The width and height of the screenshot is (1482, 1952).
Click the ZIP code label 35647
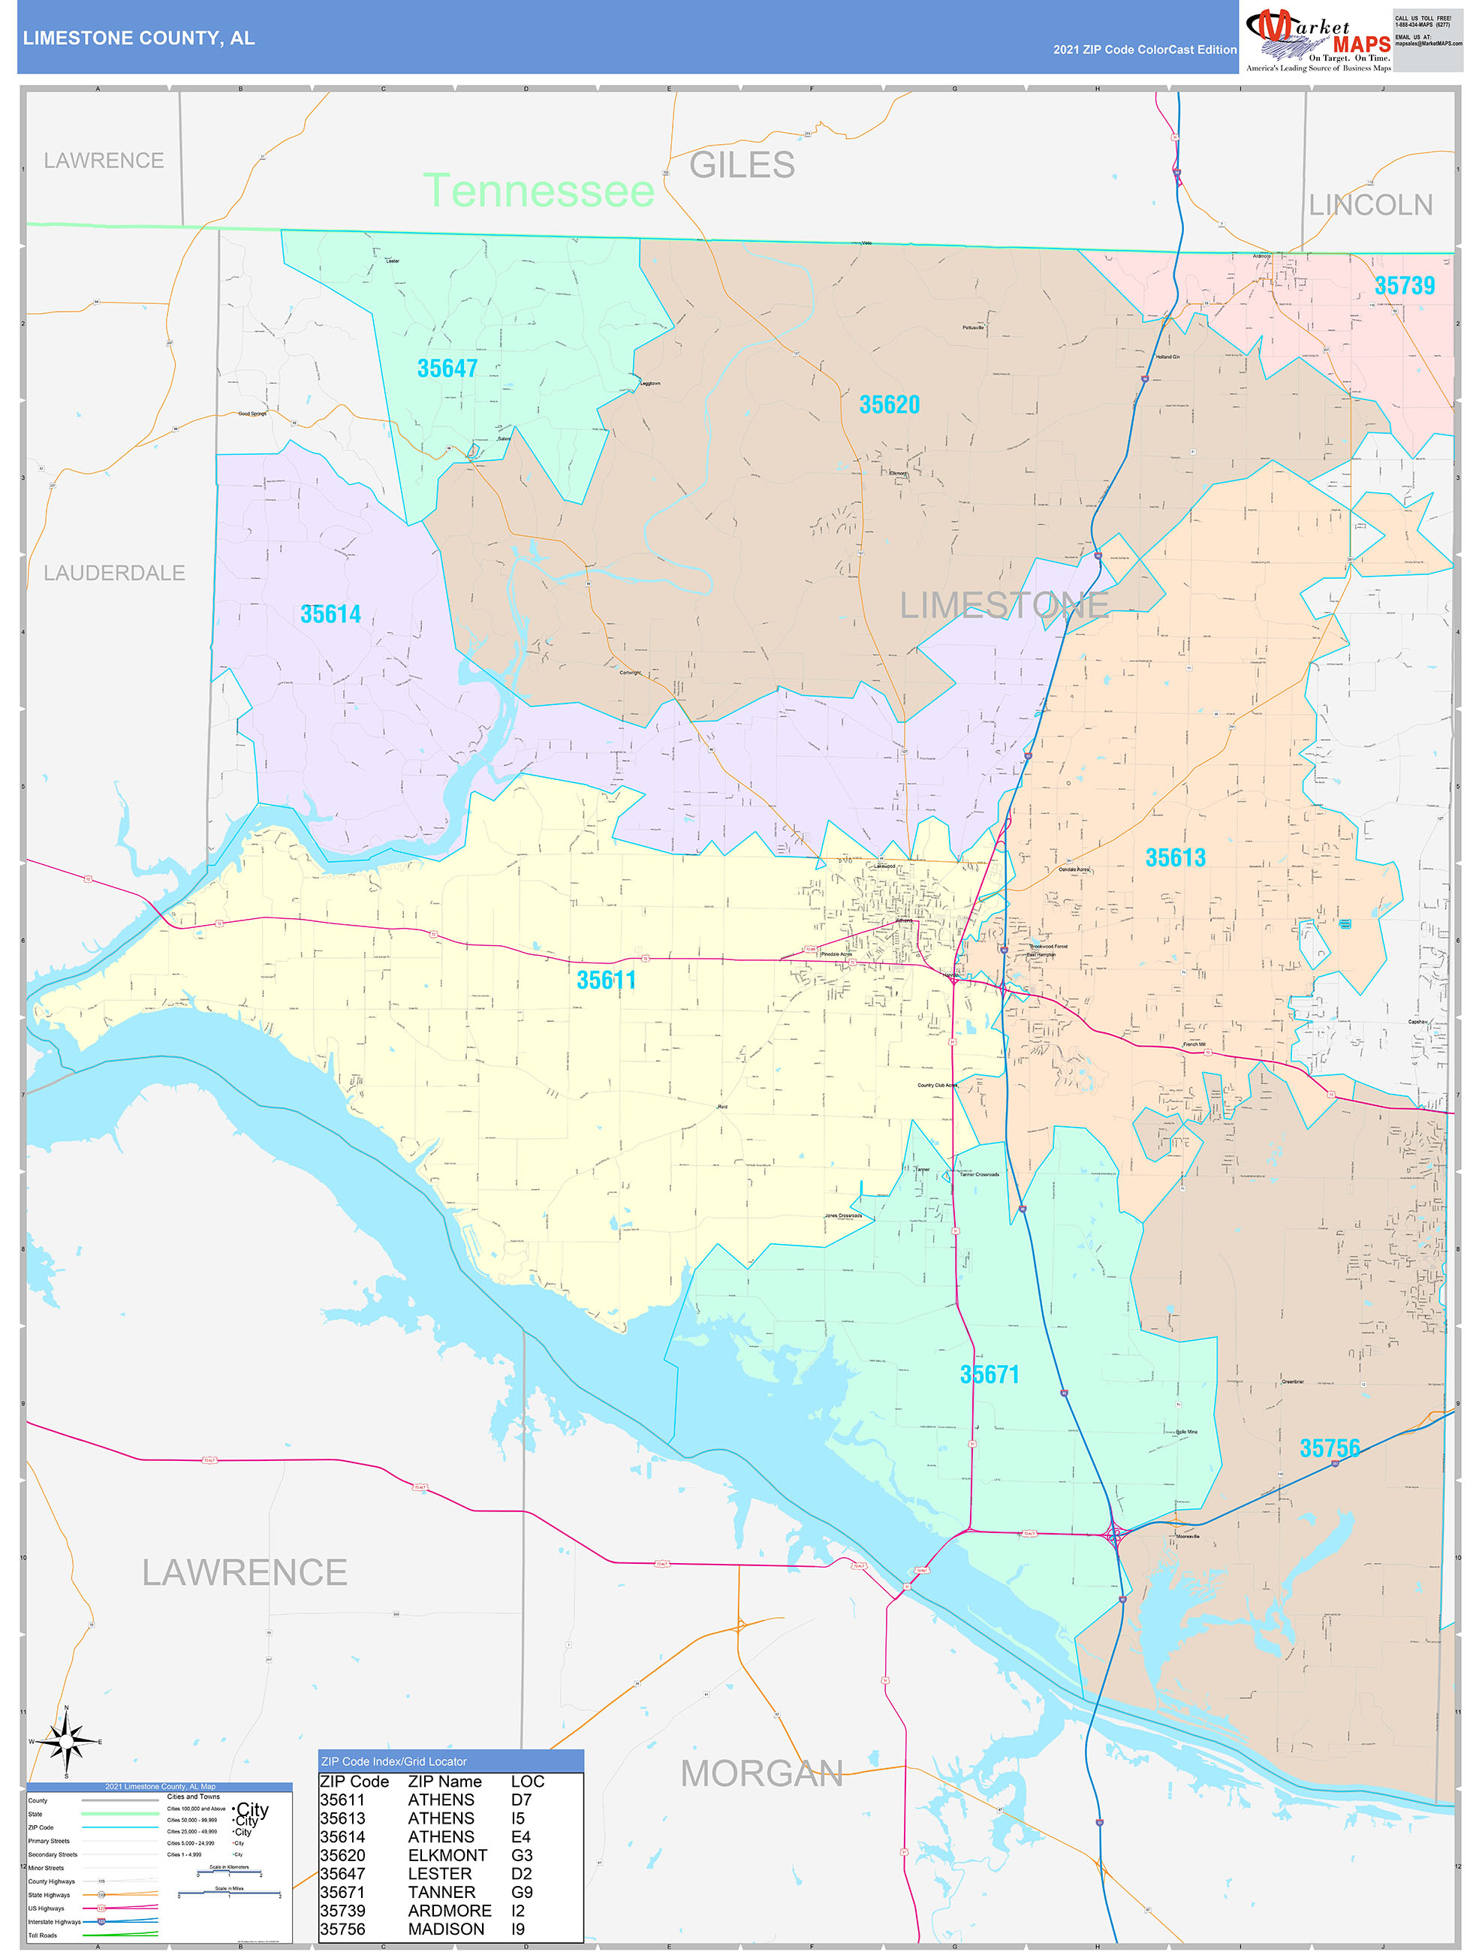pos(447,369)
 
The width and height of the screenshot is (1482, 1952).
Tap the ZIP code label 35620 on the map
pos(889,405)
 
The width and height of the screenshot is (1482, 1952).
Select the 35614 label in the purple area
pos(330,614)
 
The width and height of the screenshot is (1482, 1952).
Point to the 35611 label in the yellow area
pos(606,981)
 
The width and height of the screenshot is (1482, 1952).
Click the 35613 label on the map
pos(1175,857)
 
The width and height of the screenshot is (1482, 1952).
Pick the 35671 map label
pos(990,1375)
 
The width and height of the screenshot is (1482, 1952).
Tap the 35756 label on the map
pos(1330,1449)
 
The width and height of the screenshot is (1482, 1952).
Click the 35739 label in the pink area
pos(1405,286)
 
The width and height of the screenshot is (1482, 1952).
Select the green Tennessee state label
pos(538,191)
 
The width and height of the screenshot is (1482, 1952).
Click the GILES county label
pos(742,165)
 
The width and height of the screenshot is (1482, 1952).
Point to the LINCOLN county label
pos(1370,206)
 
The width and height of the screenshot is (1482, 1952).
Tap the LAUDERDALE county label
pos(115,574)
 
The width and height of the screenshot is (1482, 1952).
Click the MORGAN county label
pos(762,1774)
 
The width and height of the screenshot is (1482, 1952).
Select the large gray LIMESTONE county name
pos(1004,605)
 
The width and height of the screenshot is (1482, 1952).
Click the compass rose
pos(66,1742)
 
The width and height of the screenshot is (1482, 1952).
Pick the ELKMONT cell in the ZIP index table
pos(447,1856)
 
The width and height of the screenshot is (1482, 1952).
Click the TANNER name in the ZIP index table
pos(441,1893)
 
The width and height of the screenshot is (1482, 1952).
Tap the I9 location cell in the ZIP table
pos(518,1930)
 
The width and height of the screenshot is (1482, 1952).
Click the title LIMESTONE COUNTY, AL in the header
pos(139,38)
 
